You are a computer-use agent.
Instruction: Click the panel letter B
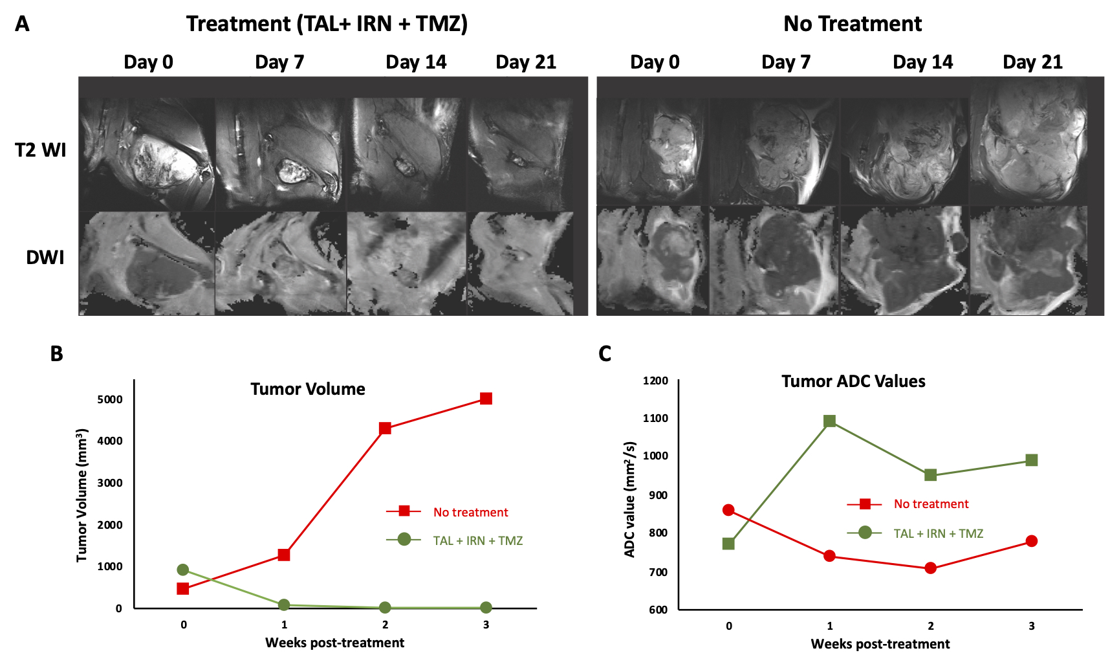pos(56,353)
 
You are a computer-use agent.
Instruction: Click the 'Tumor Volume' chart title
pos(307,389)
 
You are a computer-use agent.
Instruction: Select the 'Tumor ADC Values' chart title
pos(853,381)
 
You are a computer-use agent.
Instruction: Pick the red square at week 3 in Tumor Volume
pos(486,399)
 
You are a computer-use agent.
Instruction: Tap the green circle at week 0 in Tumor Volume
pos(183,570)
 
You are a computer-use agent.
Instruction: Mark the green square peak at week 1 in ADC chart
pos(829,421)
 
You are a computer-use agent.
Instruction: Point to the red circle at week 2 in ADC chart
pos(930,568)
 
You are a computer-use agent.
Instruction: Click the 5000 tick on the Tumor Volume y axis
pos(110,399)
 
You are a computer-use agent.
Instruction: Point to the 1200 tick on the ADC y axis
pos(655,381)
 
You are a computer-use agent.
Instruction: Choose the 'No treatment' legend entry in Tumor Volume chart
pos(470,513)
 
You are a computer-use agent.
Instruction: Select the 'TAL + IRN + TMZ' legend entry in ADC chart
pos(938,534)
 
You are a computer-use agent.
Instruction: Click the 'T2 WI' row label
pos(40,150)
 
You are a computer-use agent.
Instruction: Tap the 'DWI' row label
pos(45,258)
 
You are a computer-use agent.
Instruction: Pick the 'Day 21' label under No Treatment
pos(1032,62)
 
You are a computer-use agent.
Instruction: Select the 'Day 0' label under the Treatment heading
pos(148,62)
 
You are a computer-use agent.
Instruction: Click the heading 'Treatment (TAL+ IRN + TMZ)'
pos(327,24)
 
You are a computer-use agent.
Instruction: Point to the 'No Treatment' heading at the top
pos(853,24)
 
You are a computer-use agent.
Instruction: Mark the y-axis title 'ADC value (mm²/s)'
pos(630,499)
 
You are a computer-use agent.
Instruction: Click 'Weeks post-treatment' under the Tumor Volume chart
pos(334,643)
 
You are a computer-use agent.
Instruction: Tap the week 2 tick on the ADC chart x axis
pos(930,626)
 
